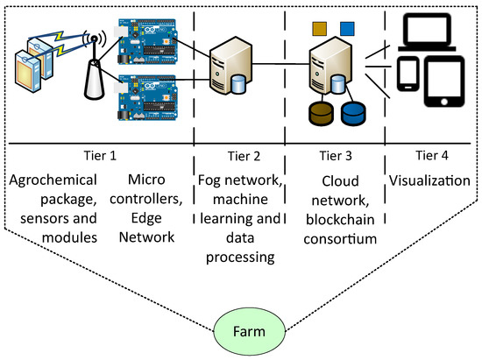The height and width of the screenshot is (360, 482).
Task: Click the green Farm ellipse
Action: pos(249,331)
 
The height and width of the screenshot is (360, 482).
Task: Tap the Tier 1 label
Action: pos(100,156)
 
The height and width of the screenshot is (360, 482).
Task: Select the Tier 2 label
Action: pos(244,156)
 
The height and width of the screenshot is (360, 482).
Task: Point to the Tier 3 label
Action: pos(336,156)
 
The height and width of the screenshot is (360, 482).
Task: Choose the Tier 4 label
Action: pos(431,155)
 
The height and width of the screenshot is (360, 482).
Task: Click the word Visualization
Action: pos(429,180)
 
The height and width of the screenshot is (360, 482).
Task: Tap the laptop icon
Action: pos(427,32)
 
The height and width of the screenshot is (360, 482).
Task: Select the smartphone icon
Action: pos(408,74)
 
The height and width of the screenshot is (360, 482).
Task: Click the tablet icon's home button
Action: pos(444,102)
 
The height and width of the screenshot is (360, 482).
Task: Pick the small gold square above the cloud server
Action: pos(319,29)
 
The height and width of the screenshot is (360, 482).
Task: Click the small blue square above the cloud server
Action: pos(347,29)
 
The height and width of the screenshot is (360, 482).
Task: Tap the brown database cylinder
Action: pos(321,114)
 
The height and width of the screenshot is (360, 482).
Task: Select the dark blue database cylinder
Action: pos(353,114)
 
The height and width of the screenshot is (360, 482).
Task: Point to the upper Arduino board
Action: pos(147,41)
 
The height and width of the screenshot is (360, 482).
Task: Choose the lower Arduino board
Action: pos(147,97)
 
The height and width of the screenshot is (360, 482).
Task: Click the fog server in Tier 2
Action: pos(230,66)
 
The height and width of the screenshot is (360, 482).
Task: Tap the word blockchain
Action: pos(340,219)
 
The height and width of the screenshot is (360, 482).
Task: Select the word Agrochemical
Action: pos(53,180)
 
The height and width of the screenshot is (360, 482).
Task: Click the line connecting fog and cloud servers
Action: pos(280,64)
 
